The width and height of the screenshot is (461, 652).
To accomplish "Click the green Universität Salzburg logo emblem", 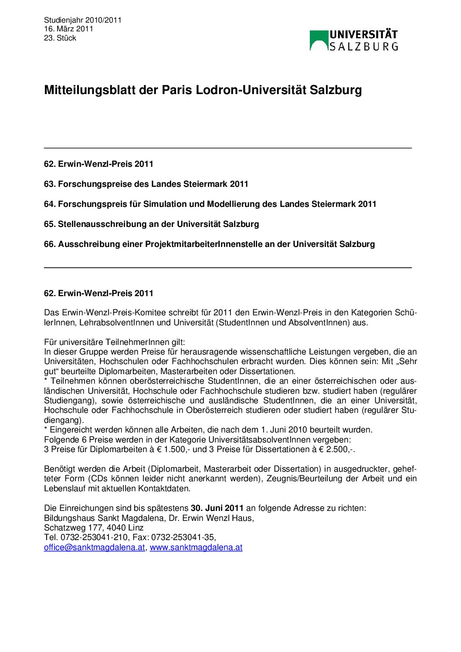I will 319,40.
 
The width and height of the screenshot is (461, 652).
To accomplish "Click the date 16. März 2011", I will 68,29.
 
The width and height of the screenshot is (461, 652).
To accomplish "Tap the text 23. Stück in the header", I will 60,38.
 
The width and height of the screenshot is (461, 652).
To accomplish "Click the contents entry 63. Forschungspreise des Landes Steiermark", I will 146,184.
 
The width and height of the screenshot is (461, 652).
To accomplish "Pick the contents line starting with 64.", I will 210,204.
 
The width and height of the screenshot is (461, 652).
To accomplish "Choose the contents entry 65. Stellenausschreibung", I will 151,224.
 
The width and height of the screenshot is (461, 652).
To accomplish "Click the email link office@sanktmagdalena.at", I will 94,547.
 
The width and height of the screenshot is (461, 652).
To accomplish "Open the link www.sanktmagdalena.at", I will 196,547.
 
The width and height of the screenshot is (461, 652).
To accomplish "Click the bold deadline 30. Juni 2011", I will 217,508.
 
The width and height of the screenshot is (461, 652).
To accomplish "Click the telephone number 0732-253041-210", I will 94,537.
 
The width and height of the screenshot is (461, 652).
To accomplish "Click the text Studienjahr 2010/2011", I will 83,20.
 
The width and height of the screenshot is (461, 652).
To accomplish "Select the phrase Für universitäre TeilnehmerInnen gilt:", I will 115,342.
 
